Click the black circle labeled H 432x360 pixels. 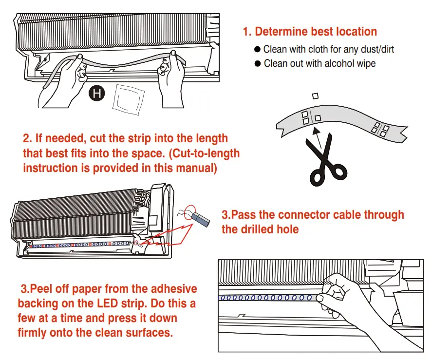pyautogui.click(x=97, y=93)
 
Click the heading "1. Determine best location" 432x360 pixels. pyautogui.click(x=310, y=32)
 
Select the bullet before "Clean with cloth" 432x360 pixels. pyautogui.click(x=258, y=50)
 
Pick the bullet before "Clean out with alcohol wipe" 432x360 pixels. pyautogui.click(x=258, y=64)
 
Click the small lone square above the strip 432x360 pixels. pyautogui.click(x=315, y=96)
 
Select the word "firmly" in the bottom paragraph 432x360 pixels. pyautogui.click(x=33, y=333)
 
